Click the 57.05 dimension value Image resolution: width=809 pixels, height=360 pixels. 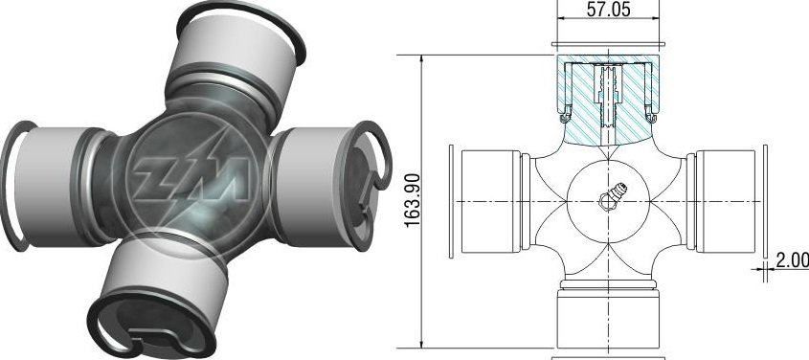[608, 10]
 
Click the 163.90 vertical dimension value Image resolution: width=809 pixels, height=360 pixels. [413, 201]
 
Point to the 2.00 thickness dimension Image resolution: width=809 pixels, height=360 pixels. [793, 260]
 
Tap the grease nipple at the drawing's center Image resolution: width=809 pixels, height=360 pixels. [612, 196]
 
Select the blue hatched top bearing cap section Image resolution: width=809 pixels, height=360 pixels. [608, 98]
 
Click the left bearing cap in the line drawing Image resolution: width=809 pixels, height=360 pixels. [490, 201]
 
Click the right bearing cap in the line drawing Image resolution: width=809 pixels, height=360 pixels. [726, 201]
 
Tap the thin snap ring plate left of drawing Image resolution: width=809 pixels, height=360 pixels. [452, 201]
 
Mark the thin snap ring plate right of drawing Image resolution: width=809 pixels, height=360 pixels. [765, 201]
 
